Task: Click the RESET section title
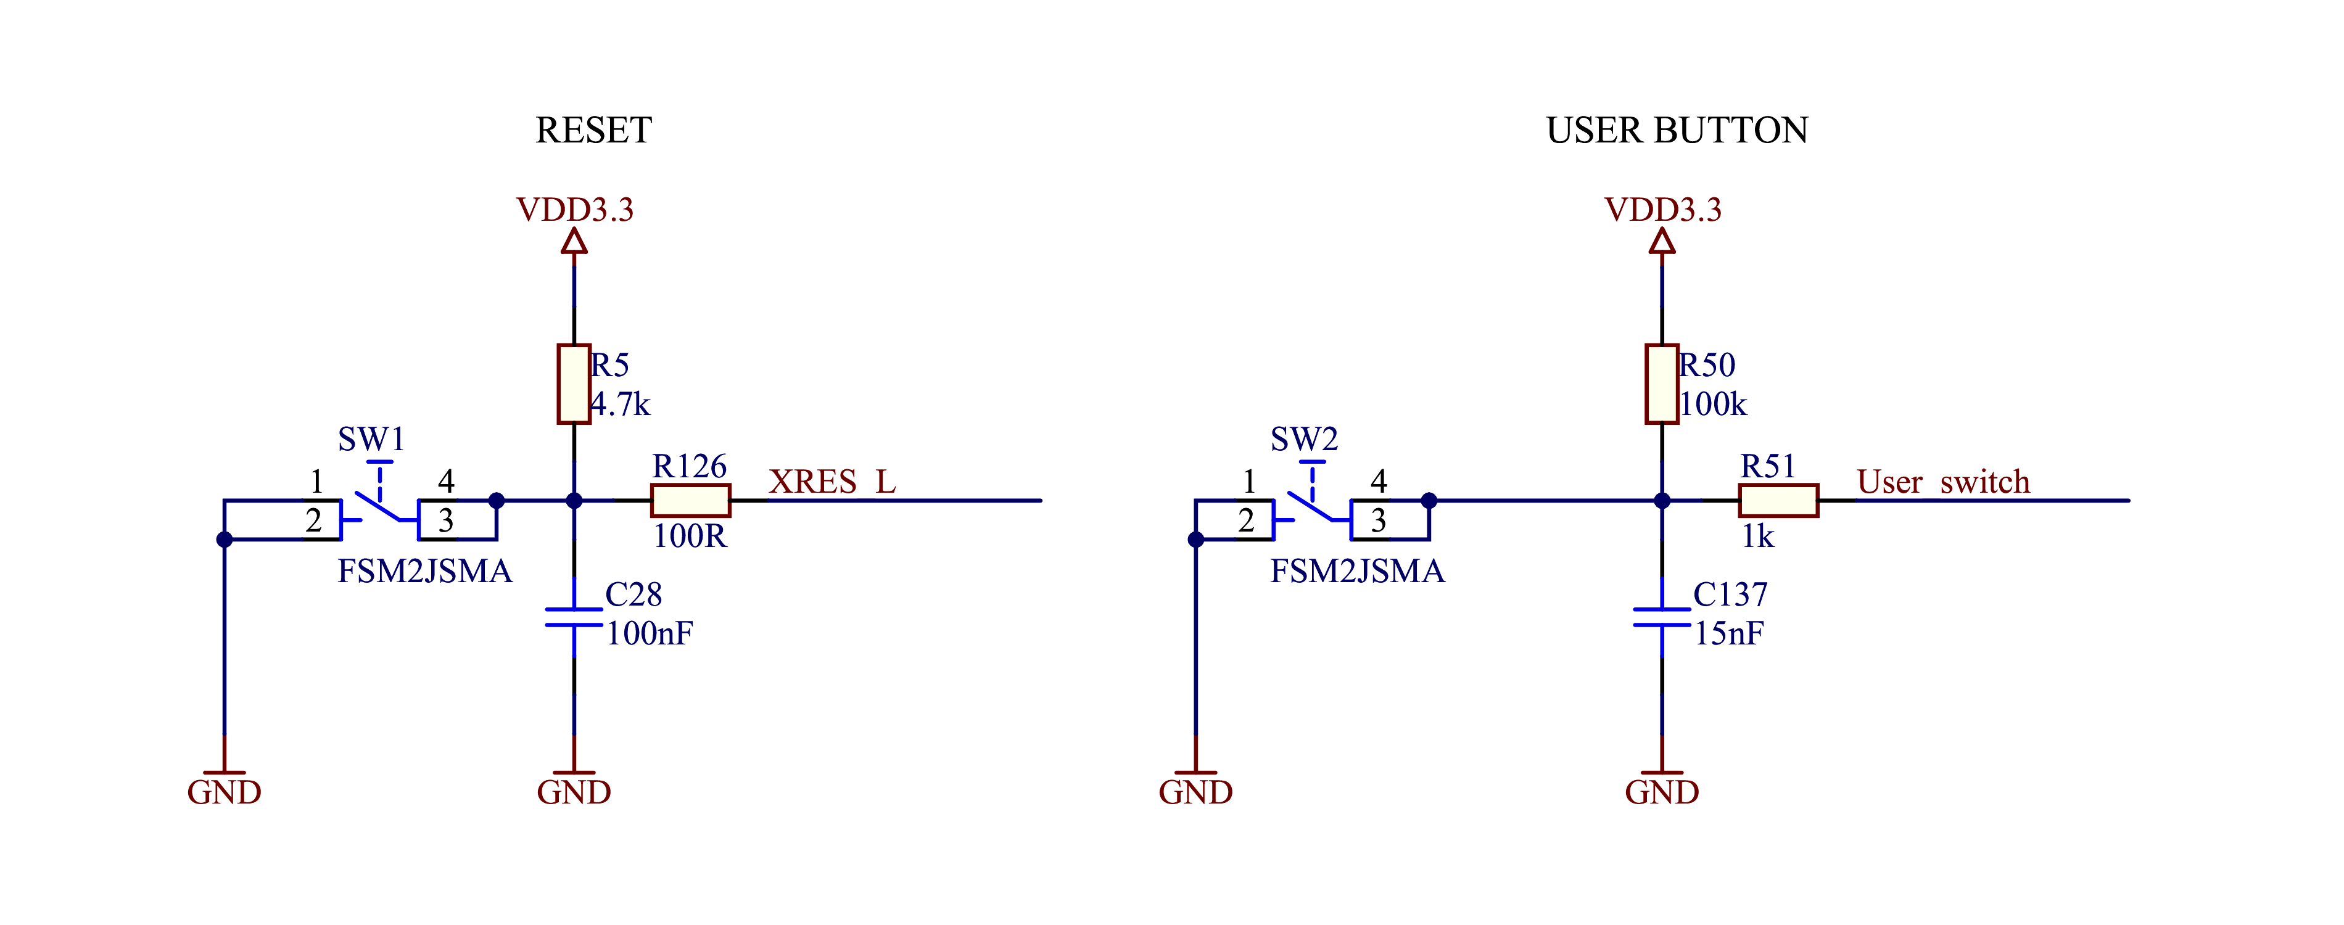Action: click(593, 131)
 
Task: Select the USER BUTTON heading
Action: click(1677, 131)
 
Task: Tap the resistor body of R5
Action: click(574, 384)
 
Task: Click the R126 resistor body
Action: click(691, 500)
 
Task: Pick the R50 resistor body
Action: click(1662, 384)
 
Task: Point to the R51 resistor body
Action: click(1779, 500)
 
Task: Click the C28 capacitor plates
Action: click(574, 617)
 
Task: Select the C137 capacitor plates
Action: click(1662, 617)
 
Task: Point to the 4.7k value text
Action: click(621, 405)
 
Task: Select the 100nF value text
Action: click(650, 634)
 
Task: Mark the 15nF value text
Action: click(1729, 634)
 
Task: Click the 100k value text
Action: click(1714, 405)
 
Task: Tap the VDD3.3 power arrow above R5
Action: click(574, 241)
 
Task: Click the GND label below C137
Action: click(1662, 793)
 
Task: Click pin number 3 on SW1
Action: click(446, 521)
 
